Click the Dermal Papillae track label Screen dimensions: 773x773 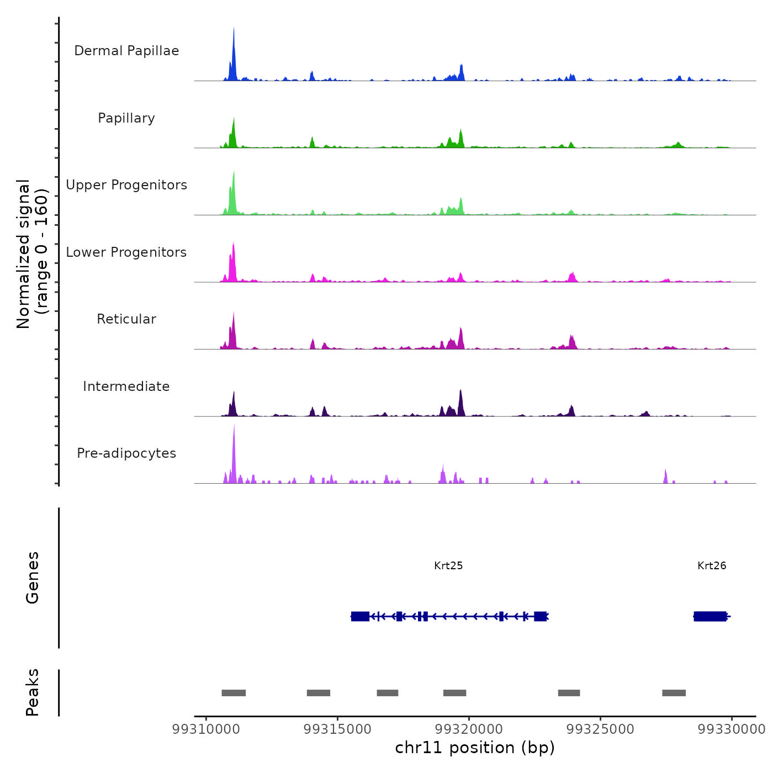point(126,51)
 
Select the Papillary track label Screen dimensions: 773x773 point(126,118)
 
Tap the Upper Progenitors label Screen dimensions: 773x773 point(126,185)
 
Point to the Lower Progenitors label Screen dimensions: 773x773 point(126,252)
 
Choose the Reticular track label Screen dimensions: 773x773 point(126,319)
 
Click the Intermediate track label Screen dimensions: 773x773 point(126,386)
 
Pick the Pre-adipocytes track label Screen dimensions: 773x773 point(126,453)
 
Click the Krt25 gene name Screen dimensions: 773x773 point(448,565)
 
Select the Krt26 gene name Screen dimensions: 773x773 point(712,565)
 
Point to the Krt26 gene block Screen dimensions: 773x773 point(711,616)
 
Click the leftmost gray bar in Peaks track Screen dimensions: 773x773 point(234,693)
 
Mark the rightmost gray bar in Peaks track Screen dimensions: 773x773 point(674,693)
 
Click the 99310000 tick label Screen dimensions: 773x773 point(206,729)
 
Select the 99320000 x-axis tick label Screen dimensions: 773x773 point(469,729)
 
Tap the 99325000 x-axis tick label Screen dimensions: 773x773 point(601,729)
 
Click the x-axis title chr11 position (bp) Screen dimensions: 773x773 point(475,748)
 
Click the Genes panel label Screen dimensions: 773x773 point(33,578)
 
